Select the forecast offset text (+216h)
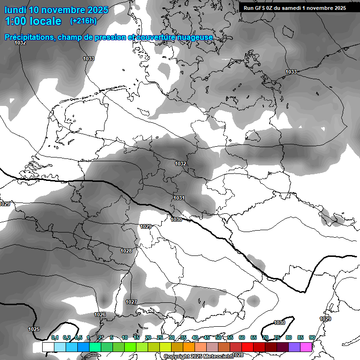coord(83,21)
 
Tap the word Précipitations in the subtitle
coord(29,37)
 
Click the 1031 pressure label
coord(179,198)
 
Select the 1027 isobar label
coord(131,302)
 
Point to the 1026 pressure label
coord(100,315)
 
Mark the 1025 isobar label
coord(34,329)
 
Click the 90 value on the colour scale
coord(312,337)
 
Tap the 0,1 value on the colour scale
coord(55,337)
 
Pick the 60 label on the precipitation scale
coord(242,337)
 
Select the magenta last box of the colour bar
coord(306,347)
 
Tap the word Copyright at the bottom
coord(177,357)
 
